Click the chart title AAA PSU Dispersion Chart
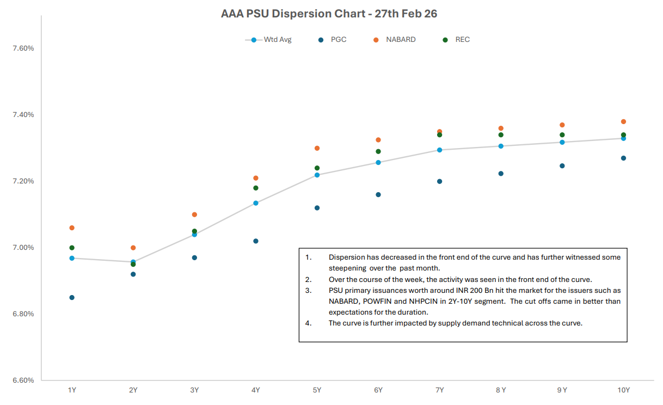coord(329,14)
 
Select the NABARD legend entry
coord(400,40)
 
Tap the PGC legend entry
coord(338,40)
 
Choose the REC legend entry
coord(462,40)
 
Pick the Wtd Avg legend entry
coord(277,40)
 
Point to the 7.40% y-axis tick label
coord(23,115)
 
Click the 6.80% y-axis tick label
coord(23,314)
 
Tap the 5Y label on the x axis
coord(317,390)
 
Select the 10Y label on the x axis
coord(623,390)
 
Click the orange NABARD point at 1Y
coord(72,228)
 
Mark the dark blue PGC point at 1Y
coord(72,298)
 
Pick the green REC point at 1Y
coord(72,248)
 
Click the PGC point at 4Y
coord(256,241)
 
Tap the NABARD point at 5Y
coord(317,148)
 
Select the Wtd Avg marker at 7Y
coord(440,150)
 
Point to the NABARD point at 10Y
coord(624,121)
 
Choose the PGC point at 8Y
coord(501,174)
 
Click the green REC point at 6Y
coord(378,151)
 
